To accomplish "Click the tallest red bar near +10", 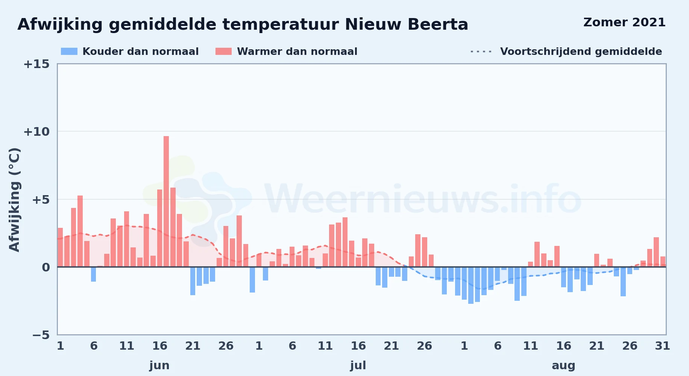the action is [x=166, y=202].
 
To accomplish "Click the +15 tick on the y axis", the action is [x=36, y=64].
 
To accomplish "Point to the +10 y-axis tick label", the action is [x=36, y=132].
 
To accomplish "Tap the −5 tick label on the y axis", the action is [x=41, y=335].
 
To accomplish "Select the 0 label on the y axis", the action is [x=46, y=267].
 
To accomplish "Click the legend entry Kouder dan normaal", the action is [x=130, y=52].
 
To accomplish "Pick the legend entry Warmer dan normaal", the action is [x=287, y=52].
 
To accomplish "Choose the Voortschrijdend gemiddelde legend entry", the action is [x=566, y=52].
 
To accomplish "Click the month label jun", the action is [x=159, y=365].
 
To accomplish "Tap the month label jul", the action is [x=358, y=365].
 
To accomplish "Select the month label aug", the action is [x=563, y=366].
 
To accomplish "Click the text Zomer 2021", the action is [x=624, y=23].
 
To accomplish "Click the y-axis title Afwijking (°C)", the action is [x=14, y=200].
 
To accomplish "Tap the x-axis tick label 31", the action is [x=662, y=346].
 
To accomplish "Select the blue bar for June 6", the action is [x=93, y=274].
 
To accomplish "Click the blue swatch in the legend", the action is [x=69, y=52].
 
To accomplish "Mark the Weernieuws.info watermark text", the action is [x=423, y=199].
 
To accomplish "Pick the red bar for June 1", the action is [x=60, y=247].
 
